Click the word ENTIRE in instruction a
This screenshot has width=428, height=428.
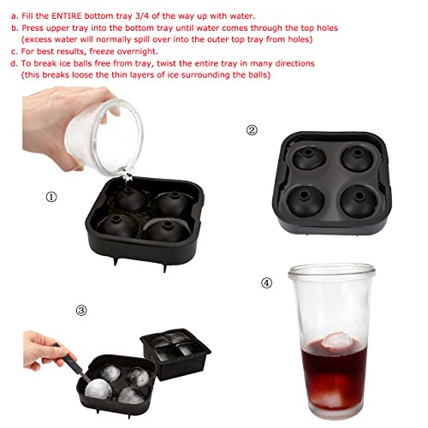click(x=67, y=15)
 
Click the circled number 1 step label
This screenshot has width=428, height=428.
click(x=51, y=197)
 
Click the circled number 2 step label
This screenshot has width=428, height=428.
click(x=252, y=130)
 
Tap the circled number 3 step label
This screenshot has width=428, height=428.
click(x=81, y=310)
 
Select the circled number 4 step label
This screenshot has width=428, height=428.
click(x=266, y=283)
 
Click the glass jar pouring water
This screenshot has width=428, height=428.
click(x=104, y=138)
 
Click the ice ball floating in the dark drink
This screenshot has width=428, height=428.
click(x=339, y=342)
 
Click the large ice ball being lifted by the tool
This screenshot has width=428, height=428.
click(x=98, y=390)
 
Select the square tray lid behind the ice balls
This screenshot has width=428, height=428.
click(x=175, y=354)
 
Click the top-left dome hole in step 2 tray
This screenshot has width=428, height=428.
click(x=307, y=152)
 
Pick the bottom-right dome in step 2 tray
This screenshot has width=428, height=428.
click(x=359, y=201)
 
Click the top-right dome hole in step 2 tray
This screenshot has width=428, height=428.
click(x=357, y=152)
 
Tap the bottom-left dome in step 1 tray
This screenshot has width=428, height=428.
click(x=118, y=226)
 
